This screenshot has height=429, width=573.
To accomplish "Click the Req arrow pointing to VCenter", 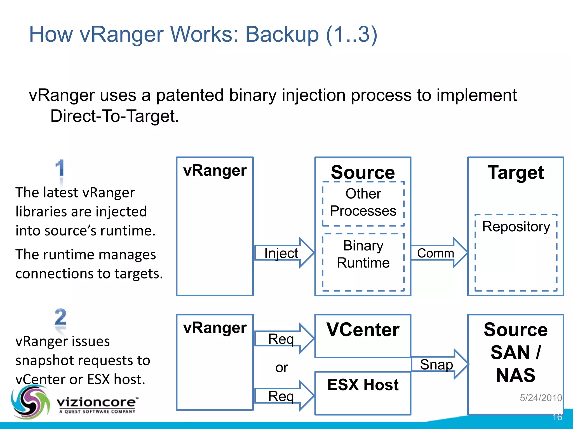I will coord(283,339).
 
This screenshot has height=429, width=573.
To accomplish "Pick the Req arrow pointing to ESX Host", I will coord(283,396).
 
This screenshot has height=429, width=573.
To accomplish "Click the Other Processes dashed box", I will coord(363,204).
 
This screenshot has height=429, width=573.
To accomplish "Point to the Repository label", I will coord(516,227).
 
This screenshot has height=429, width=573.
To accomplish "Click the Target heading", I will coord(516,172).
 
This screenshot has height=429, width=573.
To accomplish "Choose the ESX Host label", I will coord(363,385).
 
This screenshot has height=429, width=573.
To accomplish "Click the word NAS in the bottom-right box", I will coord(516,375).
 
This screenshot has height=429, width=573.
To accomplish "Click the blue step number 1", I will coord(60,168).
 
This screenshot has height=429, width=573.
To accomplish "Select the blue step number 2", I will coord(60,317).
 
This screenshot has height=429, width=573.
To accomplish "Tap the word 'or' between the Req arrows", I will coord(281,368).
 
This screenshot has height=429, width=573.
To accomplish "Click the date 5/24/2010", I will coord(541,398).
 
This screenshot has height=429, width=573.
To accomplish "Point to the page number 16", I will coord(557,417).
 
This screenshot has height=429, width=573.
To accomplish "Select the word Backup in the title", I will coord(282,34).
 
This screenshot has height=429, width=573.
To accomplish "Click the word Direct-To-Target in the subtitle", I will coord(114,116).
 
